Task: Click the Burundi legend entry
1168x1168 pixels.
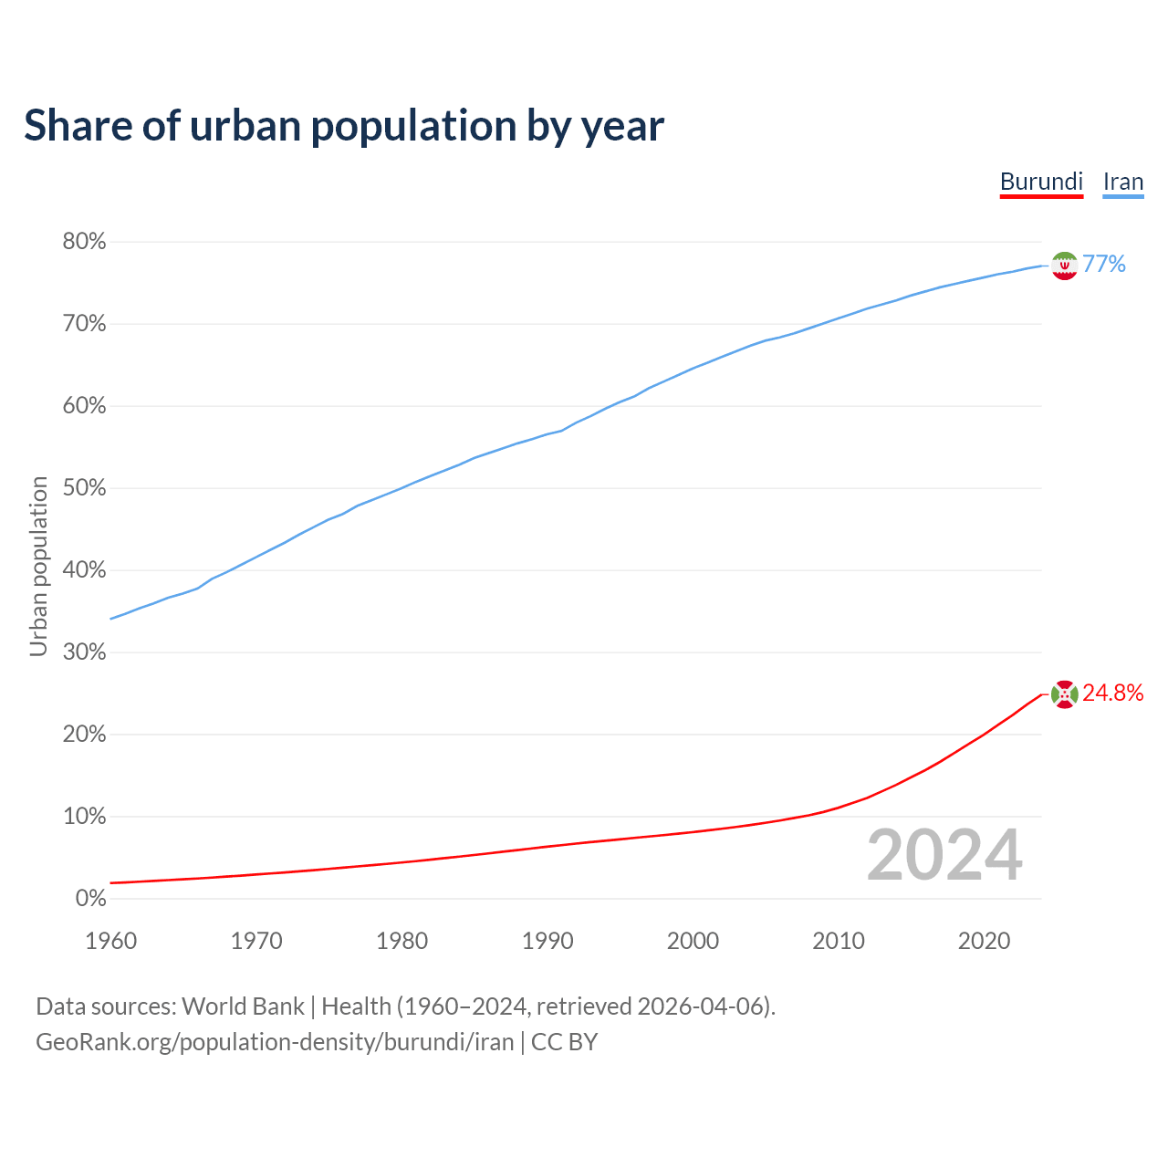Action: (x=1041, y=182)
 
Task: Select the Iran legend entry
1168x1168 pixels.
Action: (x=1123, y=182)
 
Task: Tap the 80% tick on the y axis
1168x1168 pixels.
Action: (x=84, y=242)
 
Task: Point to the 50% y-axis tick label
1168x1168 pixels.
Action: (x=84, y=488)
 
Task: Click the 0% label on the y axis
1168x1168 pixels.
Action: (x=90, y=899)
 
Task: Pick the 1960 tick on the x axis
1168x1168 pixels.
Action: (x=110, y=941)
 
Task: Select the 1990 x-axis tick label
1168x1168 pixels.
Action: (x=547, y=941)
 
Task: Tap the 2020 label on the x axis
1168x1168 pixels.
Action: (x=984, y=941)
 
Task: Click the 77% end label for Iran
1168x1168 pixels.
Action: (x=1104, y=265)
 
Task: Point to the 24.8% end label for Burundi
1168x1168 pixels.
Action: (x=1113, y=693)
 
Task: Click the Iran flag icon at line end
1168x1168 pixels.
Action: (x=1064, y=266)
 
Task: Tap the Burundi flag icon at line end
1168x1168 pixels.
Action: (x=1064, y=694)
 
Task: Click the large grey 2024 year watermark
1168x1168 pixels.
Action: (x=944, y=856)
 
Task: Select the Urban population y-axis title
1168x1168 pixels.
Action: (x=38, y=566)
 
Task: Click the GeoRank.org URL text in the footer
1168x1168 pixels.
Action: (x=274, y=1042)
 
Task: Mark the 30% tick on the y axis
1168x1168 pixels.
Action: (x=84, y=652)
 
